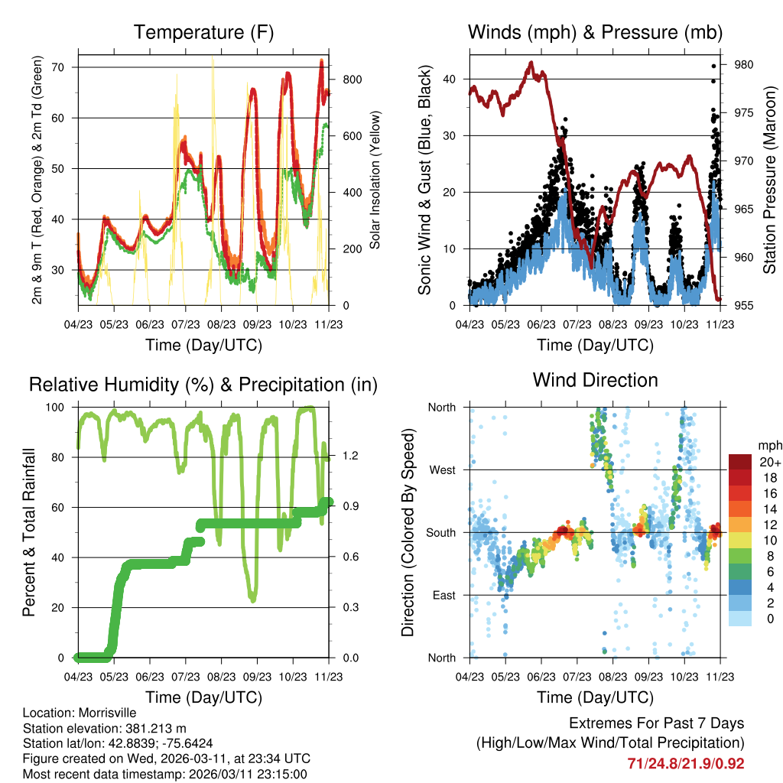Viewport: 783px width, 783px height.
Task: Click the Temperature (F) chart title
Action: point(203,33)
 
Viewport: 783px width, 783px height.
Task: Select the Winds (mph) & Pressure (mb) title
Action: point(595,33)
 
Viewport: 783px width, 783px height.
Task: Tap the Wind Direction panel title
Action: point(595,380)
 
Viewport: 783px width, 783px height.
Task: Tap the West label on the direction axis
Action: point(443,469)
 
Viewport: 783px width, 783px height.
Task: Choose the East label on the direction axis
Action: point(444,595)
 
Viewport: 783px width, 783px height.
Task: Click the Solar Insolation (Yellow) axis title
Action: point(375,180)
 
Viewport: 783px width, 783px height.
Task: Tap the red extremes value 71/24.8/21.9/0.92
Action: point(685,763)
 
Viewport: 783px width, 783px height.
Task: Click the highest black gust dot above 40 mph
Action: point(713,67)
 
